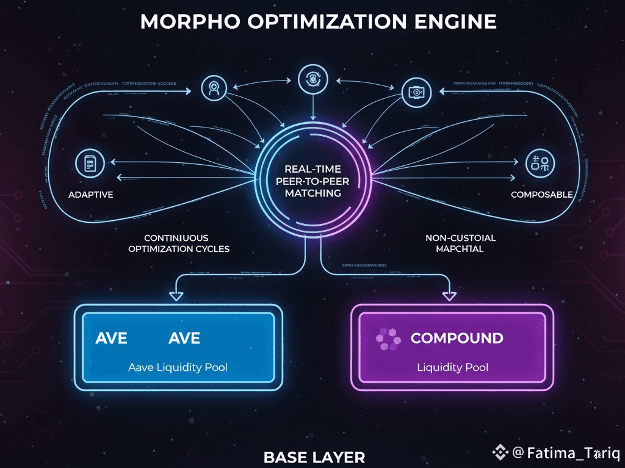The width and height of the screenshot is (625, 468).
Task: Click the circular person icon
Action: [214, 87]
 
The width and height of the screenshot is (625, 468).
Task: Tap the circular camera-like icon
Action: [417, 92]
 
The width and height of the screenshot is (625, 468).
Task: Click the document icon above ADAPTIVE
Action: [90, 164]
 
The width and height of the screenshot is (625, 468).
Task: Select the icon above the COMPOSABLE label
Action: [541, 162]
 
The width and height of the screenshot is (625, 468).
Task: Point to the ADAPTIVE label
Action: [91, 195]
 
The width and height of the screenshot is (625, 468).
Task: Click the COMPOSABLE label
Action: [541, 195]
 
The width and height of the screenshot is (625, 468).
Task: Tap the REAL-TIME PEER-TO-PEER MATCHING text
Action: [312, 181]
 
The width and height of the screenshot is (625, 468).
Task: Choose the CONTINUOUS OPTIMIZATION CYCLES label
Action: [179, 243]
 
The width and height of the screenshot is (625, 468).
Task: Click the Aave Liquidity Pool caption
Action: [178, 367]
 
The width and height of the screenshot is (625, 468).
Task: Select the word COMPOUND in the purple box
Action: [457, 338]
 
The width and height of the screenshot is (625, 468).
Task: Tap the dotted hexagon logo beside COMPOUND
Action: [386, 339]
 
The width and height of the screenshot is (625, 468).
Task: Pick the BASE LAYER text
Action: [314, 456]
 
